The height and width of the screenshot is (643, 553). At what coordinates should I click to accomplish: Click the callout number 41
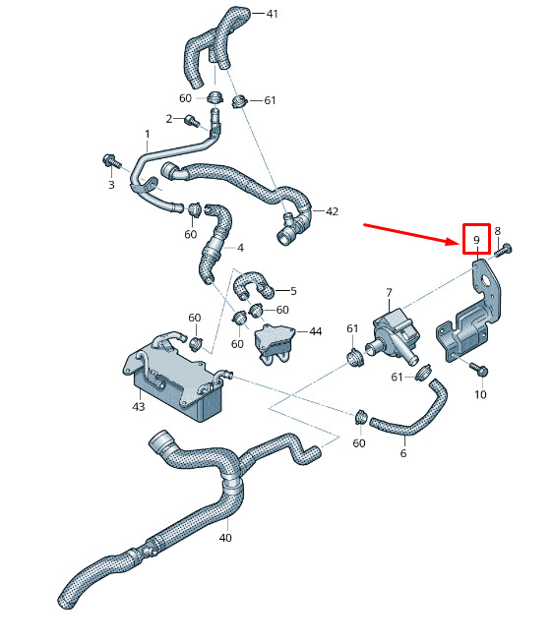273,14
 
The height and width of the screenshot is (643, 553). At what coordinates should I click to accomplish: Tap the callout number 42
332,211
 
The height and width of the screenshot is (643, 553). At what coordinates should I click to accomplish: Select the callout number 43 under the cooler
139,406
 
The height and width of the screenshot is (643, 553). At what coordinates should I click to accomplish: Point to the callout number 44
315,331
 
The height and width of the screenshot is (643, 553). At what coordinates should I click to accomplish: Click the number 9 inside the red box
476,240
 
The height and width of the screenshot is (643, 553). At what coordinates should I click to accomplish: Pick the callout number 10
480,394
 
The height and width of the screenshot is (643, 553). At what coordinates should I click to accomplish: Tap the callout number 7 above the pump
389,293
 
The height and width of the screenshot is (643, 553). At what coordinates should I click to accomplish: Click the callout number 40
225,537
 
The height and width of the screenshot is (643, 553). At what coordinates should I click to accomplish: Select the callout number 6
403,452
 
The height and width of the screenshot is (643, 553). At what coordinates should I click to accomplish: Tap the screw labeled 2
192,121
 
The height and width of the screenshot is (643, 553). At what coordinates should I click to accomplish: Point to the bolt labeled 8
504,250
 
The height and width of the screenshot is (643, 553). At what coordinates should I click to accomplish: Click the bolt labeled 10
479,369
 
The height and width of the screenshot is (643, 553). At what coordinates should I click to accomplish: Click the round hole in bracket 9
487,282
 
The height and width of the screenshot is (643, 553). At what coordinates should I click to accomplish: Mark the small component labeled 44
276,343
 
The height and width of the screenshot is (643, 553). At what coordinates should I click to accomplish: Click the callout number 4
240,248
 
